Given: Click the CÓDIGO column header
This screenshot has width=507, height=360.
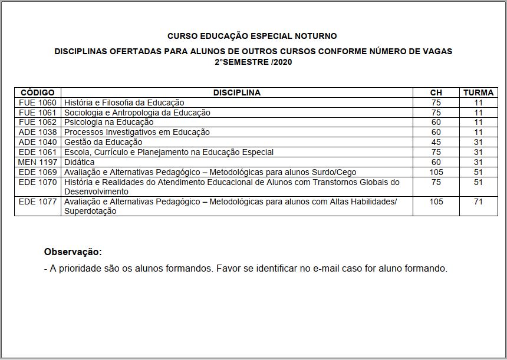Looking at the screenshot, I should click(37, 93).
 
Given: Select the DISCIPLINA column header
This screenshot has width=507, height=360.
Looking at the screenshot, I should click(236, 93).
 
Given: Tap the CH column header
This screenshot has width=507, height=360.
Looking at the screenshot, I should click(436, 93).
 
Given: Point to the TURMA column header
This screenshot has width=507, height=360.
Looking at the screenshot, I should click(478, 93).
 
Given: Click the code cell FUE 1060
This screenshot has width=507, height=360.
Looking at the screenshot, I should click(37, 103).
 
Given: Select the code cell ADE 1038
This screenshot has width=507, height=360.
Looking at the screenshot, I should click(37, 132).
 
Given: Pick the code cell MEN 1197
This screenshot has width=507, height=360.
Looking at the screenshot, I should click(37, 162).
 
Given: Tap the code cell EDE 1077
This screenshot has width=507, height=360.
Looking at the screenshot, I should click(37, 202).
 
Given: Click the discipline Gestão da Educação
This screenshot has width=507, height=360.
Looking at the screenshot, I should click(103, 142).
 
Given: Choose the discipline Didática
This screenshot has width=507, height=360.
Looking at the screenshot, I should click(79, 162).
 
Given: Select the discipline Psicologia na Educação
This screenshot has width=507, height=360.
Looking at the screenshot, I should click(108, 122).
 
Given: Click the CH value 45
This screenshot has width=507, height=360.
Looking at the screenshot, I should click(436, 142).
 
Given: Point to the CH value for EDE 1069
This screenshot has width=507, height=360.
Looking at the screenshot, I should click(436, 172).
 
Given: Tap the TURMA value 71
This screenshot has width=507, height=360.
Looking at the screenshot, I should click(478, 202).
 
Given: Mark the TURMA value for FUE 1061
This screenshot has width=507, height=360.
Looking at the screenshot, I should click(478, 113).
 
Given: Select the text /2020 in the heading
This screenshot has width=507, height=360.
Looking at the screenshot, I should click(282, 61).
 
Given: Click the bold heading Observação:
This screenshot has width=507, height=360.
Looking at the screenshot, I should click(73, 252).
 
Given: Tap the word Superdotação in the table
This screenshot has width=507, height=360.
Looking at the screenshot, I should click(90, 211).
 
